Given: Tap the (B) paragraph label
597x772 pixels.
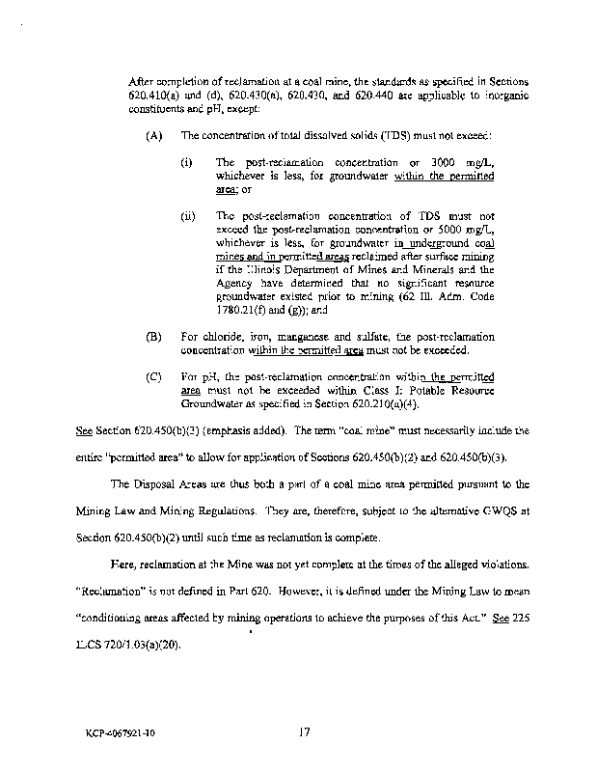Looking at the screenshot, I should click(x=152, y=336).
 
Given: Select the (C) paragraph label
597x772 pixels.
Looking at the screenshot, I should click(x=152, y=372).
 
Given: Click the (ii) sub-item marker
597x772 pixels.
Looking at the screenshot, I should click(x=188, y=215).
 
